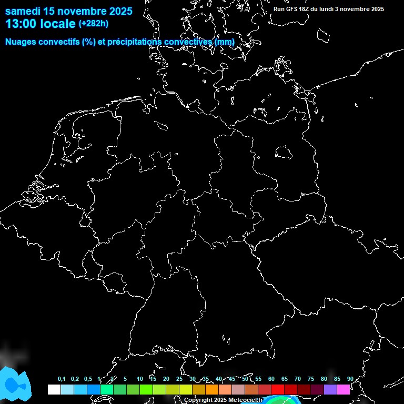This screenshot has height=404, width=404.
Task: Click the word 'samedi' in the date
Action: [23, 11]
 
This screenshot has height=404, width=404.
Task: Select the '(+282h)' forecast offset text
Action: [94, 24]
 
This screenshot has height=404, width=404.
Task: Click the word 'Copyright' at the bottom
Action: [198, 400]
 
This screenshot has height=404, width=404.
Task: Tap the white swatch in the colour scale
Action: [54, 389]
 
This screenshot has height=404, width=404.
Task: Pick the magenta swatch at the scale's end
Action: [344, 389]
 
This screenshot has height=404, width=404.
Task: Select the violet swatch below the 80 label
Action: [330, 389]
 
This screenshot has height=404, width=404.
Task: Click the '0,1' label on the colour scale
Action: [62, 379]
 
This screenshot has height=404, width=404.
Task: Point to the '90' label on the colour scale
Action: [350, 379]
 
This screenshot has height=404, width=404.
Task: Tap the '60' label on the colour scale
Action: [271, 379]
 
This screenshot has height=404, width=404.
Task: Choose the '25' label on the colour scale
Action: [179, 379]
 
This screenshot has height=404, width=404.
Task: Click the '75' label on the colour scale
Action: [310, 379]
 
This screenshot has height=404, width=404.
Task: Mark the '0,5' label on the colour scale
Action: [88, 379]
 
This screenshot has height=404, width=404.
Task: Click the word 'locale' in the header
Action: [57, 24]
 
